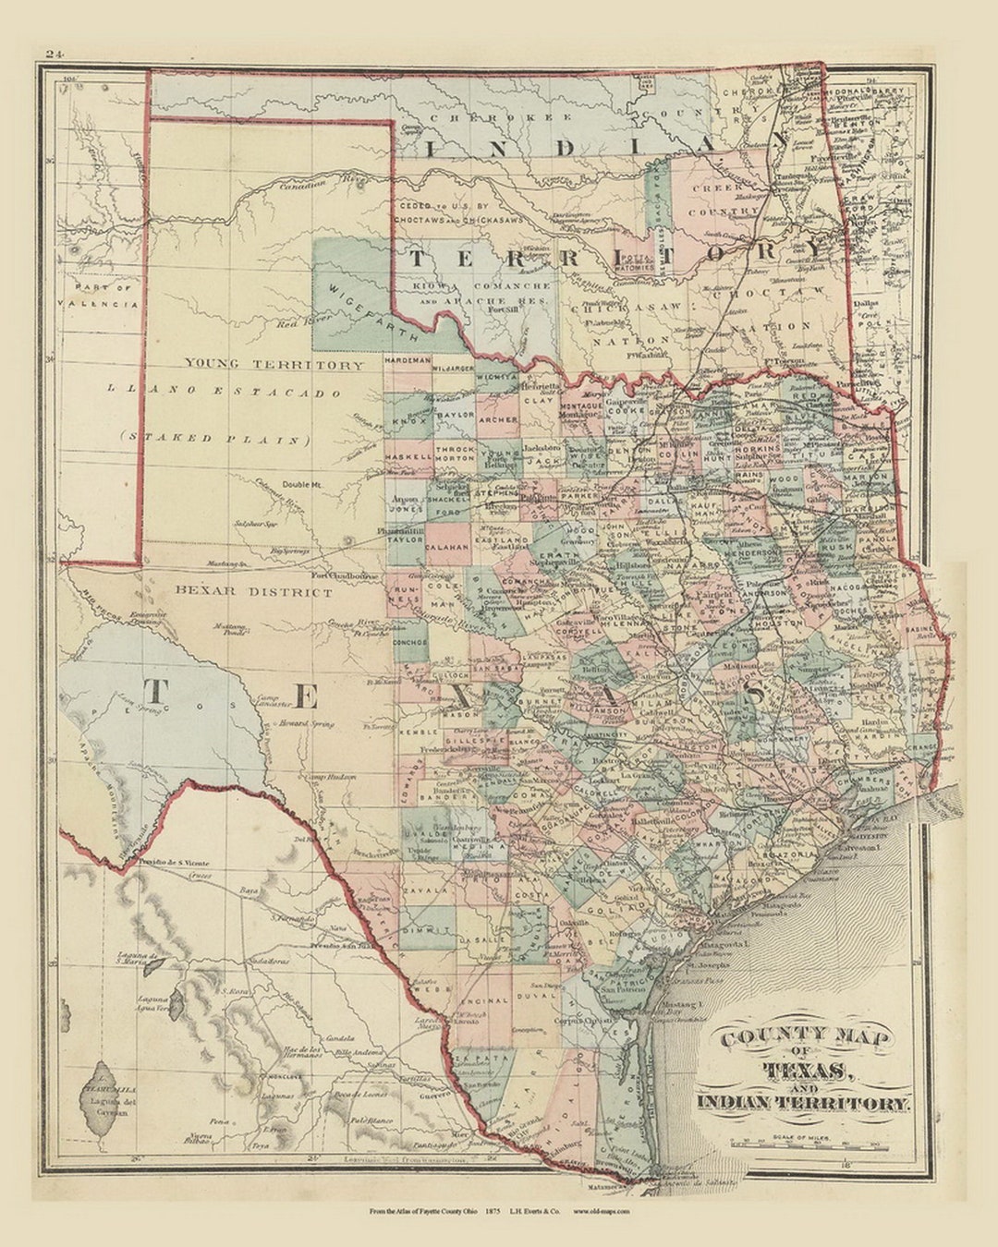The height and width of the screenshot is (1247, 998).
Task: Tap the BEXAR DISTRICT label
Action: pyautogui.click(x=253, y=592)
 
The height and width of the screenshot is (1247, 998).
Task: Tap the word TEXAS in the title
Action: pyautogui.click(x=805, y=1071)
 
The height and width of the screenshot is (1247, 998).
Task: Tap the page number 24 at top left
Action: pyautogui.click(x=53, y=54)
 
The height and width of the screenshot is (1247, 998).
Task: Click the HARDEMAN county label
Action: pyautogui.click(x=408, y=358)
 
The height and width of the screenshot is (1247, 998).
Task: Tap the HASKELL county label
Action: pyautogui.click(x=408, y=457)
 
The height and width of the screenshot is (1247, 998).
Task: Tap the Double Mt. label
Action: pyautogui.click(x=302, y=484)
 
